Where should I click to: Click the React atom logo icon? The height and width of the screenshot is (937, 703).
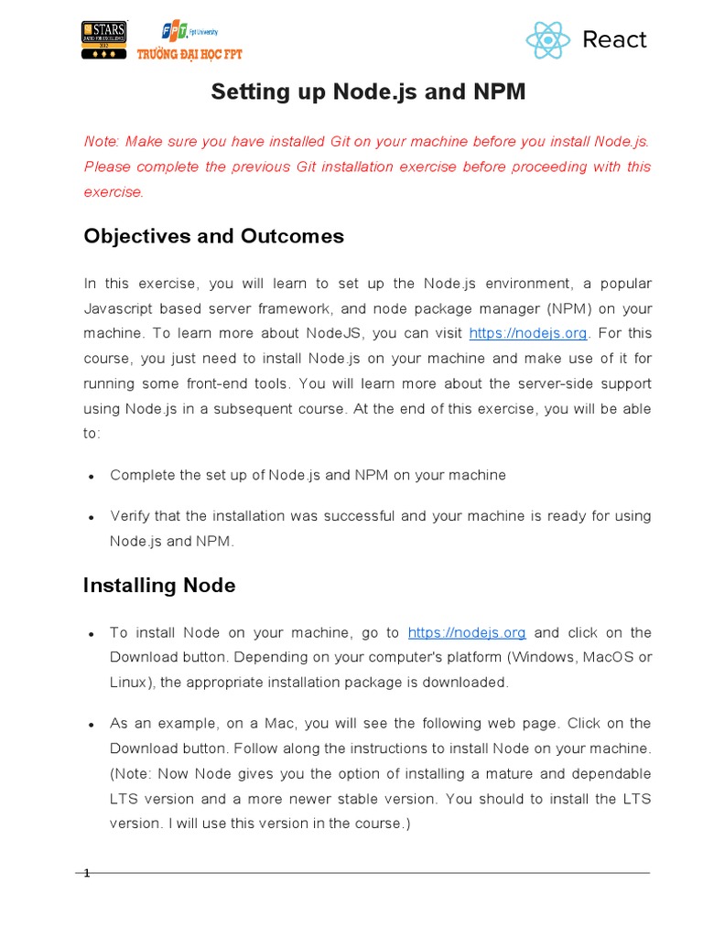point(548,39)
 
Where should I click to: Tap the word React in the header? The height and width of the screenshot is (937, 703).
point(614,39)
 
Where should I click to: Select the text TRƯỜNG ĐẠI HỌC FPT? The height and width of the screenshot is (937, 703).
point(189,55)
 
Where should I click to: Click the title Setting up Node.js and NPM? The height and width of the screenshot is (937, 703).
point(369,92)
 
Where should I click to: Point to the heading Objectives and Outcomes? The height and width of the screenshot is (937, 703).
point(213,236)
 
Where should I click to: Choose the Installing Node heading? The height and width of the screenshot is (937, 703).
point(159,585)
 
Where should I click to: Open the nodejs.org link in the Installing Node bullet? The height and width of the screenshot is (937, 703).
point(467,633)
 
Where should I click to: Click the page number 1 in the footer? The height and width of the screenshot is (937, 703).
point(87,874)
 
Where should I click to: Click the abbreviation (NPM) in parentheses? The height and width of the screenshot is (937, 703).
point(569,308)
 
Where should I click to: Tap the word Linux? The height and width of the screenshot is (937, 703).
point(129,683)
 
